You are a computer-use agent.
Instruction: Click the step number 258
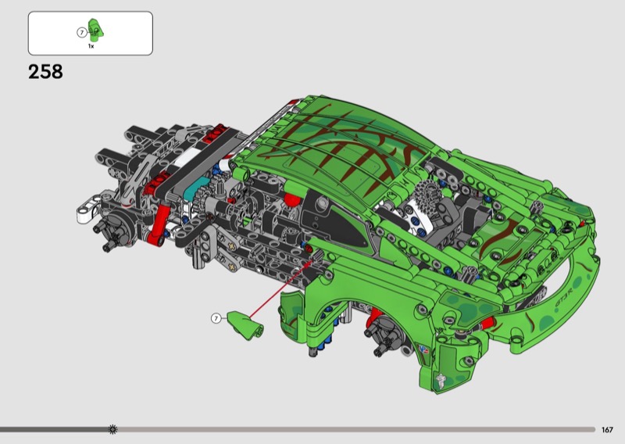pos(45,72)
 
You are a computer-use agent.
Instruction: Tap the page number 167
pos(607,430)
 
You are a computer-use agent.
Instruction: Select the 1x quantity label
pos(91,46)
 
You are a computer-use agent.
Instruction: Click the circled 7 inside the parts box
pos(82,33)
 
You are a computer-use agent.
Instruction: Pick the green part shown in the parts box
pos(95,30)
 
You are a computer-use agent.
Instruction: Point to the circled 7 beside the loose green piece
pos(216,318)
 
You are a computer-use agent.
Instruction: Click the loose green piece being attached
pos(245,325)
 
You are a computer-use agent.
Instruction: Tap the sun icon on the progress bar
pos(112,429)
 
